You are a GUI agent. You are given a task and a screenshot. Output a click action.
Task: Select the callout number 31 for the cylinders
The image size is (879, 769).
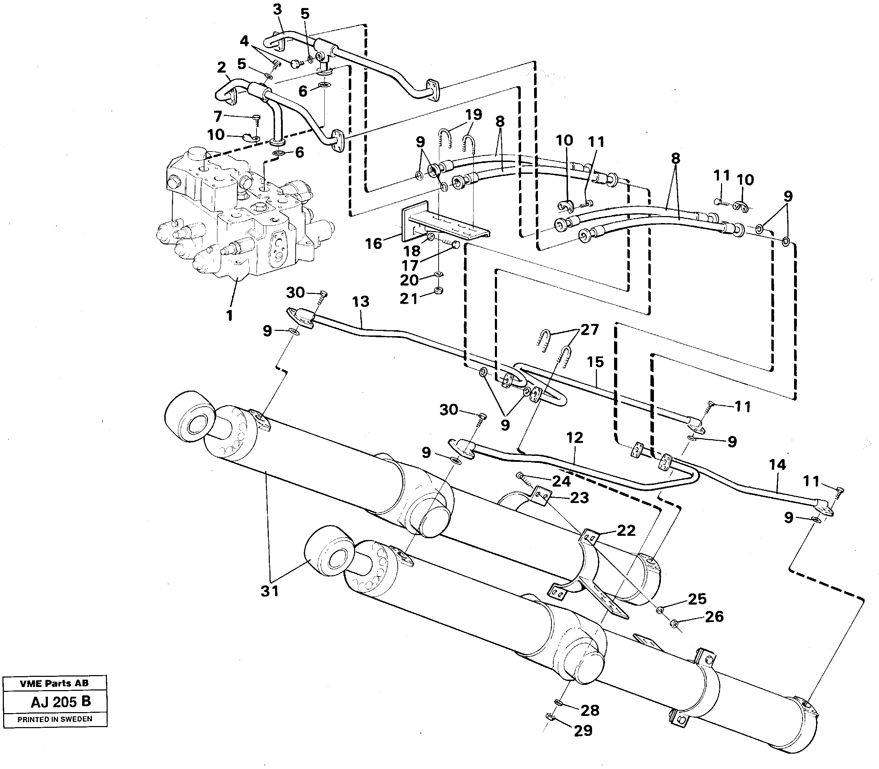270,591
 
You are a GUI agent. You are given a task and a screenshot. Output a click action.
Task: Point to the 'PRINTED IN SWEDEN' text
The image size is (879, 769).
55,719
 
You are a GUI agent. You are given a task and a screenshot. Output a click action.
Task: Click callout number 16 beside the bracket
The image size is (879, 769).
373,243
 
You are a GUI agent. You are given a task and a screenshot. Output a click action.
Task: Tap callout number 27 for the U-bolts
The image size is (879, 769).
590,330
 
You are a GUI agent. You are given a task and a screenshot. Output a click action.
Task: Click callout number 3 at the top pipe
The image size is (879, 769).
277,9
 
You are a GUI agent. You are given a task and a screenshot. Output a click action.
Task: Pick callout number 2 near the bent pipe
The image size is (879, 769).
221,67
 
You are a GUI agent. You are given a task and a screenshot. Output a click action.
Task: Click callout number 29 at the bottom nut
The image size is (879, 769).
583,730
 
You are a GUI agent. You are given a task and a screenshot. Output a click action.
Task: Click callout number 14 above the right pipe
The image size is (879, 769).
777,464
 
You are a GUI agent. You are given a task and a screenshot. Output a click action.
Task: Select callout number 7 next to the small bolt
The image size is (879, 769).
218,116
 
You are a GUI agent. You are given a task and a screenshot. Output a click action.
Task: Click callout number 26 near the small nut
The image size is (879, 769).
714,617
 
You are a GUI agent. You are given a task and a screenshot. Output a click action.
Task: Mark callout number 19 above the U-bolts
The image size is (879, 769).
473,114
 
